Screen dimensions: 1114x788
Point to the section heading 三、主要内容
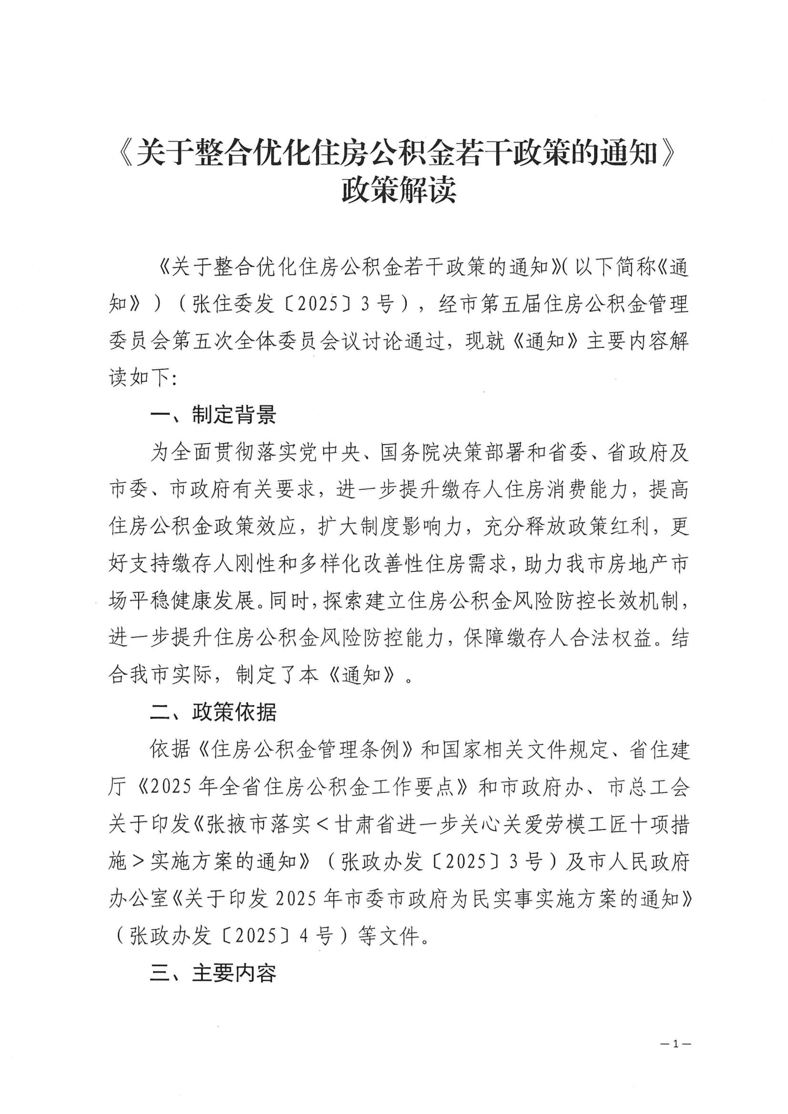click(x=213, y=973)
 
